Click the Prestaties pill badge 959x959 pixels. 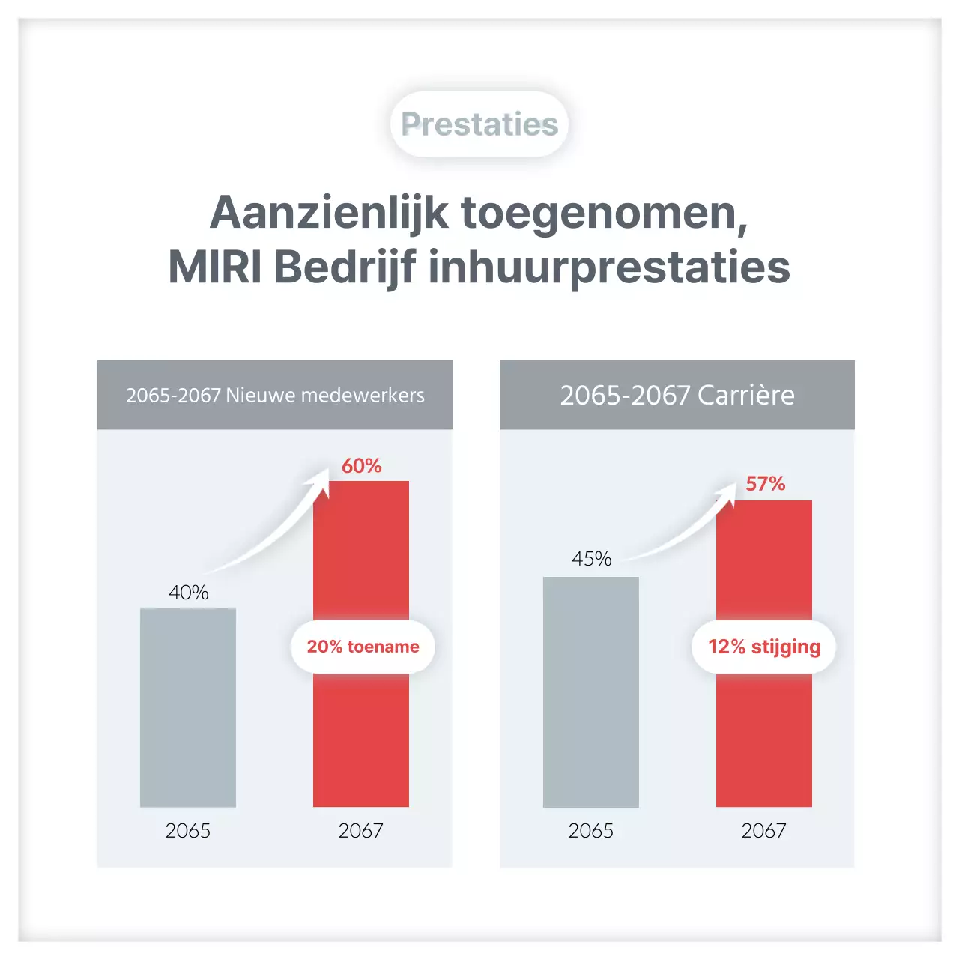[479, 124]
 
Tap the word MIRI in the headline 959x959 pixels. [215, 267]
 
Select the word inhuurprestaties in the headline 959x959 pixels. [609, 268]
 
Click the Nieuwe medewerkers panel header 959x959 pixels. [275, 395]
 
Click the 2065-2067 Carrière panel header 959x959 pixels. [677, 395]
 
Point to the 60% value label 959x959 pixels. [362, 466]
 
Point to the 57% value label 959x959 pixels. [765, 484]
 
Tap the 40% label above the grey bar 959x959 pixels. [188, 593]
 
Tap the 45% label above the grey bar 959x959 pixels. [591, 559]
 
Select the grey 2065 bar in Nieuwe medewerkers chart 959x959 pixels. [188, 708]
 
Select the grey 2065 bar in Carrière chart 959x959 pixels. [591, 692]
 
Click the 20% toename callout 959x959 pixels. [363, 647]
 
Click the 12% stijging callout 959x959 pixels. [764, 647]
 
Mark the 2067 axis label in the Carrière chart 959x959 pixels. [763, 831]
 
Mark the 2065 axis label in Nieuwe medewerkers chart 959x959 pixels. [188, 831]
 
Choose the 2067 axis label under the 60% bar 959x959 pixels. [360, 831]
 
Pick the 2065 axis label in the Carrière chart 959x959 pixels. [591, 831]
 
